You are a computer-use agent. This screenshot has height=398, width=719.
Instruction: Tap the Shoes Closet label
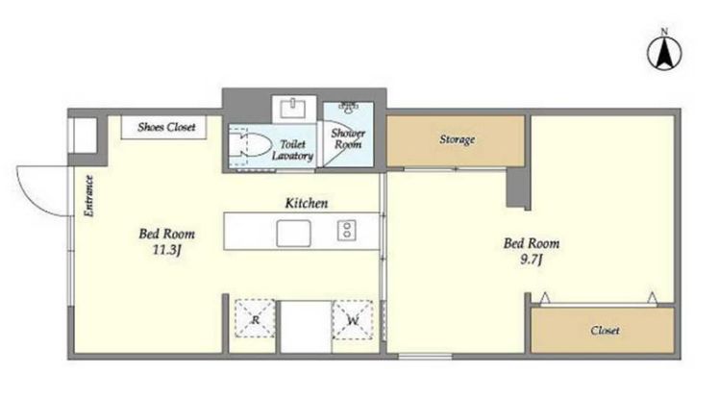coord(166,127)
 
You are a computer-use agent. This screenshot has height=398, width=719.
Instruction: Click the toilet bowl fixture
coord(249,145)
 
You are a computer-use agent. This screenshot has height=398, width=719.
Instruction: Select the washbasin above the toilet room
coord(293,109)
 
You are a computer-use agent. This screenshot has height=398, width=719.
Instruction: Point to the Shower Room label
coord(348,139)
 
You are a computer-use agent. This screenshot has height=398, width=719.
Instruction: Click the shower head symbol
coord(349,108)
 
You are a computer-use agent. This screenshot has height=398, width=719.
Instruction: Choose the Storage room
coord(456,140)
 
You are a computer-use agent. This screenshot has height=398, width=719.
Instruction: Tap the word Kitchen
coord(307,203)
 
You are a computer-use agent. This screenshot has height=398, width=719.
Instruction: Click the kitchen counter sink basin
coord(293,234)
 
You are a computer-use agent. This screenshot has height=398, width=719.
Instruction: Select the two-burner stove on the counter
coord(347,231)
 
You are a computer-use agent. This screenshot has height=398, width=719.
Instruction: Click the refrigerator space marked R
coord(255,319)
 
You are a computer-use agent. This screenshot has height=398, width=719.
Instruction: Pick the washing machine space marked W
coord(353,319)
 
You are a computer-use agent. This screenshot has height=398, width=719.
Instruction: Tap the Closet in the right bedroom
coord(603,330)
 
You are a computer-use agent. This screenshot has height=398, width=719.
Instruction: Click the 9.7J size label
coord(532,260)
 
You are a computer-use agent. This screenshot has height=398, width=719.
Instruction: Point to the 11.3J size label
coord(167,250)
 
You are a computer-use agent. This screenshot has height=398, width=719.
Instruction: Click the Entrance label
coord(89,196)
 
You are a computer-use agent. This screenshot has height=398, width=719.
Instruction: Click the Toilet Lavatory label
coord(292,150)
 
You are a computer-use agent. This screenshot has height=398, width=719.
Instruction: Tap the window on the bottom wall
coord(425,357)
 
